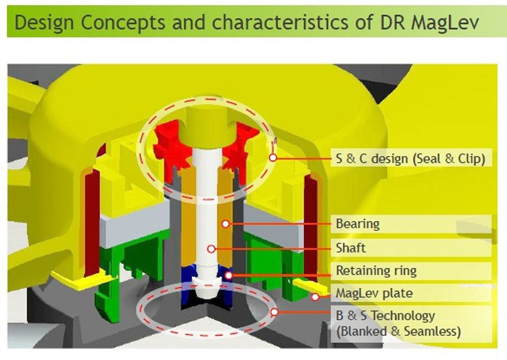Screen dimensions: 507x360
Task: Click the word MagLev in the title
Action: tap(445, 22)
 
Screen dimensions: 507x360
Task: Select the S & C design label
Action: tap(410, 159)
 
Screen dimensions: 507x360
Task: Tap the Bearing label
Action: tap(358, 224)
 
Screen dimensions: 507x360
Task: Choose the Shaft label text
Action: tap(351, 248)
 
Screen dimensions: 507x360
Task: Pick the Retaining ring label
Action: tap(377, 271)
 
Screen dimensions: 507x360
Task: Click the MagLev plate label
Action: tap(374, 293)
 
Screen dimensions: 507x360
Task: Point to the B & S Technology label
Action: tap(385, 315)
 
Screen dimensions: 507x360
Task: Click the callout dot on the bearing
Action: tap(226, 224)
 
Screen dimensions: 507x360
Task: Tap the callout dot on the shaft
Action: tap(211, 249)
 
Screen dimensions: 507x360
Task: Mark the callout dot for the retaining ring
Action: tap(228, 276)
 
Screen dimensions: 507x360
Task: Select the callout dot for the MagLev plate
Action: tap(315, 297)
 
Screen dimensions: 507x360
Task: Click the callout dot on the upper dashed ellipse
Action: tap(273, 157)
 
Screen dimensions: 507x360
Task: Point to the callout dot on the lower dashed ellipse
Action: tap(274, 312)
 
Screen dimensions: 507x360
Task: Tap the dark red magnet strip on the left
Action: tap(92, 223)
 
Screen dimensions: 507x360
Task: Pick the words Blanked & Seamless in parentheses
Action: tap(398, 332)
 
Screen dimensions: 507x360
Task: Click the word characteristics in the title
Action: tap(280, 22)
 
